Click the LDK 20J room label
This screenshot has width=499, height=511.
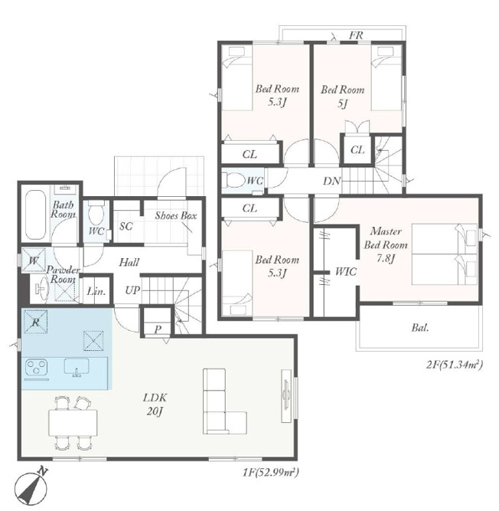pyautogui.click(x=155, y=405)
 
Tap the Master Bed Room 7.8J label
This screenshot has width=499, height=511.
pyautogui.click(x=386, y=244)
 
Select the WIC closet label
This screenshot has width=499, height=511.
pyautogui.click(x=346, y=271)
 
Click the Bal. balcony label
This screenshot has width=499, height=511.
pyautogui.click(x=420, y=328)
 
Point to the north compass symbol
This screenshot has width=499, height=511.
pyautogui.click(x=31, y=485)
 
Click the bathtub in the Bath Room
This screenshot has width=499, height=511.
pyautogui.click(x=35, y=215)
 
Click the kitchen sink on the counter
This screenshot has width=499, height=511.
pyautogui.click(x=77, y=367)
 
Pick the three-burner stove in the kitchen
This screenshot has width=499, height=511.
pyautogui.click(x=37, y=367)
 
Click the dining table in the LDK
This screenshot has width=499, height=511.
pyautogui.click(x=73, y=423)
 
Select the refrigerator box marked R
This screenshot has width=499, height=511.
pyautogui.click(x=35, y=322)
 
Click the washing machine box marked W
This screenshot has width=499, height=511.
pyautogui.click(x=34, y=260)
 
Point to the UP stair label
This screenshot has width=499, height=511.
pyautogui.click(x=132, y=290)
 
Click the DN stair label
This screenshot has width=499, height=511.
pyautogui.click(x=331, y=181)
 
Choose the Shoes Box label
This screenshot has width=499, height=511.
pyautogui.click(x=176, y=215)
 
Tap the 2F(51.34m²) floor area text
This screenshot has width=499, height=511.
pyautogui.click(x=454, y=364)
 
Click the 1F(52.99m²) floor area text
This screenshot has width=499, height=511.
pyautogui.click(x=270, y=472)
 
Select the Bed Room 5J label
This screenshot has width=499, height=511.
pyautogui.click(x=342, y=96)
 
